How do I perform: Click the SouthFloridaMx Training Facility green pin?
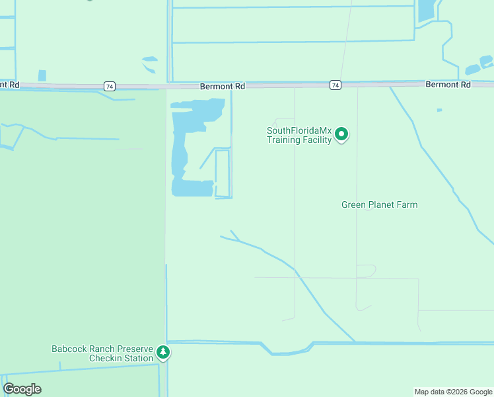point(341,134)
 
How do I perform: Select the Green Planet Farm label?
point(379,205)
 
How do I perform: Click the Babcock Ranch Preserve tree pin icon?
point(163,353)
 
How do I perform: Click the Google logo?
point(22,389)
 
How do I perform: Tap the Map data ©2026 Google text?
point(453,392)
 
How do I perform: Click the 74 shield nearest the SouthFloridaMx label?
point(335,85)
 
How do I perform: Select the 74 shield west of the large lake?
point(110,86)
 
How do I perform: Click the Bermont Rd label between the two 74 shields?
point(223,86)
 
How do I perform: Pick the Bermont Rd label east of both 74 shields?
point(448,85)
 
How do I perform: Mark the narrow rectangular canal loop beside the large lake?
point(223,173)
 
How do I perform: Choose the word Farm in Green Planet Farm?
point(406,205)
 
